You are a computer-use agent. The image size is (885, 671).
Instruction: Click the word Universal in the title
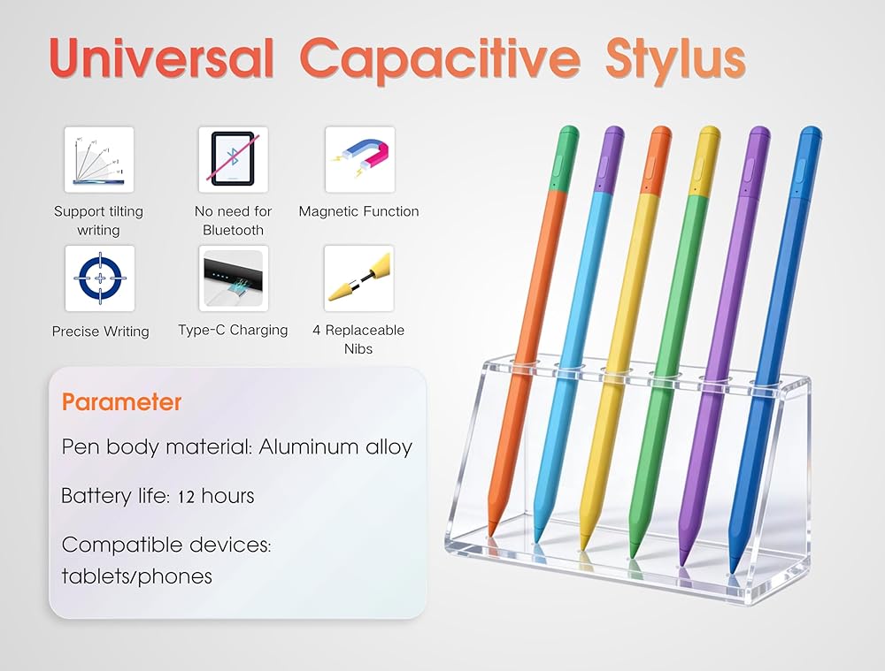pyautogui.click(x=161, y=57)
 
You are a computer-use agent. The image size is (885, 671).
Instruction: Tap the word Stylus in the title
pyautogui.click(x=675, y=60)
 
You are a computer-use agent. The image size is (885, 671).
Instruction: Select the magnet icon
pyautogui.click(x=360, y=160)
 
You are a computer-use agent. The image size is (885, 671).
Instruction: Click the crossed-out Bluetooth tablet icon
pyautogui.click(x=233, y=160)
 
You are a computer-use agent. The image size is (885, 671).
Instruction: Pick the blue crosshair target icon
pyautogui.click(x=100, y=278)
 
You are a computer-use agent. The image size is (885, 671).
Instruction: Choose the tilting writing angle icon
pyautogui.click(x=99, y=160)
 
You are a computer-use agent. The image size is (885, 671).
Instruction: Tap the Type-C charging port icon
pyautogui.click(x=233, y=278)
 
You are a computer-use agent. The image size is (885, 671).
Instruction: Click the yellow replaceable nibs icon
pyautogui.click(x=359, y=278)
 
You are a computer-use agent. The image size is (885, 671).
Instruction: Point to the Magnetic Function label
pyautogui.click(x=359, y=211)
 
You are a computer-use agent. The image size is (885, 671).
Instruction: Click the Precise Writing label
pyautogui.click(x=101, y=331)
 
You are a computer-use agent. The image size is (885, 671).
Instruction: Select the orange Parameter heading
pyautogui.click(x=121, y=402)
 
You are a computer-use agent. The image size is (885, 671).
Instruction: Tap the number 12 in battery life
pyautogui.click(x=186, y=497)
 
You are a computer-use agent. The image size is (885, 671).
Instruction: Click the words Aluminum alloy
pyautogui.click(x=335, y=446)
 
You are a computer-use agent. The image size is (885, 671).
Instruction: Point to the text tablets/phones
pyautogui.click(x=136, y=576)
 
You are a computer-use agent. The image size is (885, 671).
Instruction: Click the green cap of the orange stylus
pyautogui.click(x=566, y=159)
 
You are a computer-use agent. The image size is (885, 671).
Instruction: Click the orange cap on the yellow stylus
pyautogui.click(x=656, y=161)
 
